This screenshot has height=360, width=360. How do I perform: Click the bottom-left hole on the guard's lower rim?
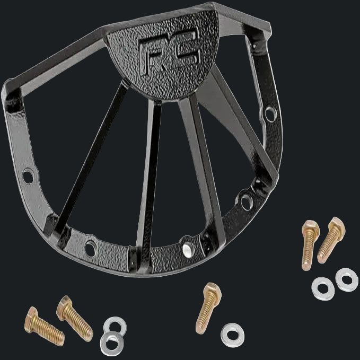91,247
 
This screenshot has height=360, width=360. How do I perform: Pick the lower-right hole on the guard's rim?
246,200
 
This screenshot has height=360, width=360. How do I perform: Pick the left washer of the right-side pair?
323,286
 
